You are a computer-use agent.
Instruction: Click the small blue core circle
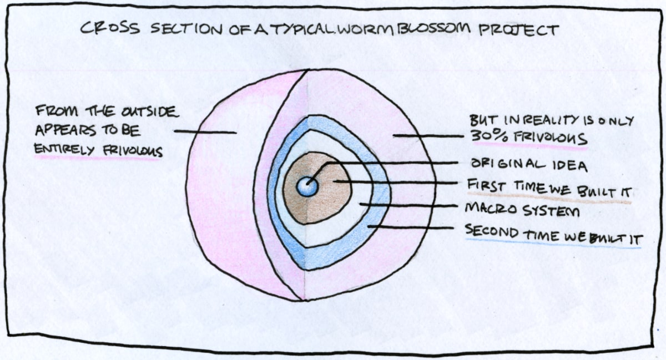(307, 186)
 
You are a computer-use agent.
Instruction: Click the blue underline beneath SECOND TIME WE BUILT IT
(553, 244)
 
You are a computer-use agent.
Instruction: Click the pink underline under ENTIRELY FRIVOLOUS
(98, 158)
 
